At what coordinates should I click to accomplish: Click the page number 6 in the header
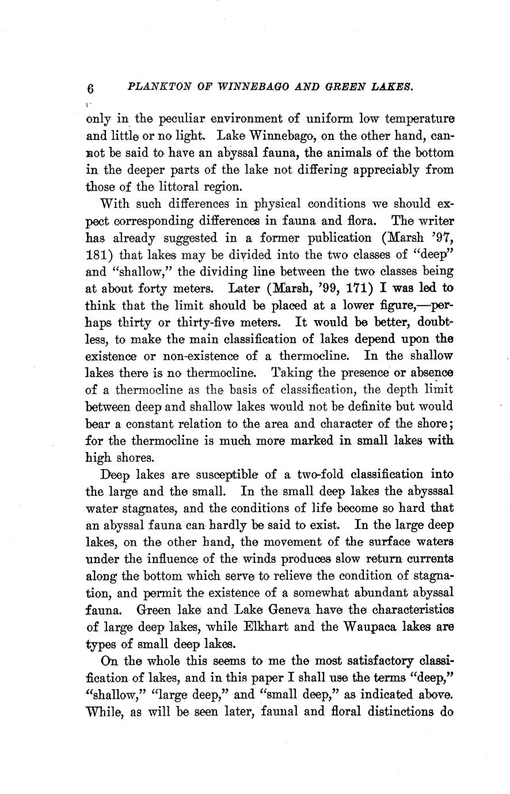point(89,88)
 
